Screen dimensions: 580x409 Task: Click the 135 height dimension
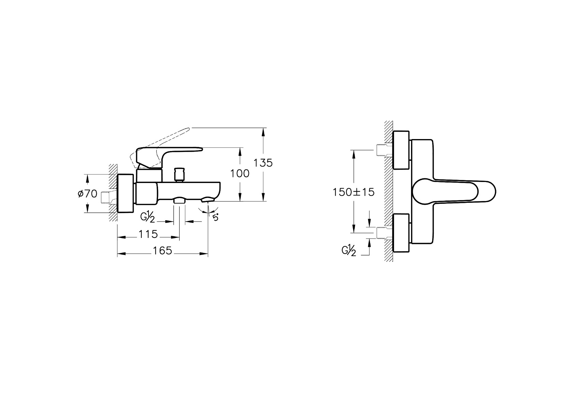pyautogui.click(x=263, y=163)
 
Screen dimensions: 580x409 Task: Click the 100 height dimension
pyautogui.click(x=240, y=173)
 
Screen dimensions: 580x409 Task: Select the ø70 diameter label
pyautogui.click(x=87, y=193)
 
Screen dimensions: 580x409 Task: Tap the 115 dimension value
pyautogui.click(x=148, y=234)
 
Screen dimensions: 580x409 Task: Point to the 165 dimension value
pyautogui.click(x=162, y=251)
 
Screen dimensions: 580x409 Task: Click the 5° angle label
pyautogui.click(x=215, y=217)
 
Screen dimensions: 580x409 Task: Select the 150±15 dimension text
pyautogui.click(x=353, y=192)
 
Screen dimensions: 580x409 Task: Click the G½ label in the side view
pyautogui.click(x=147, y=217)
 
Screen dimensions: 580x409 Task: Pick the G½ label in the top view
pyautogui.click(x=349, y=251)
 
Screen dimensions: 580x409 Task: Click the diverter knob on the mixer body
pyautogui.click(x=180, y=174)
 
